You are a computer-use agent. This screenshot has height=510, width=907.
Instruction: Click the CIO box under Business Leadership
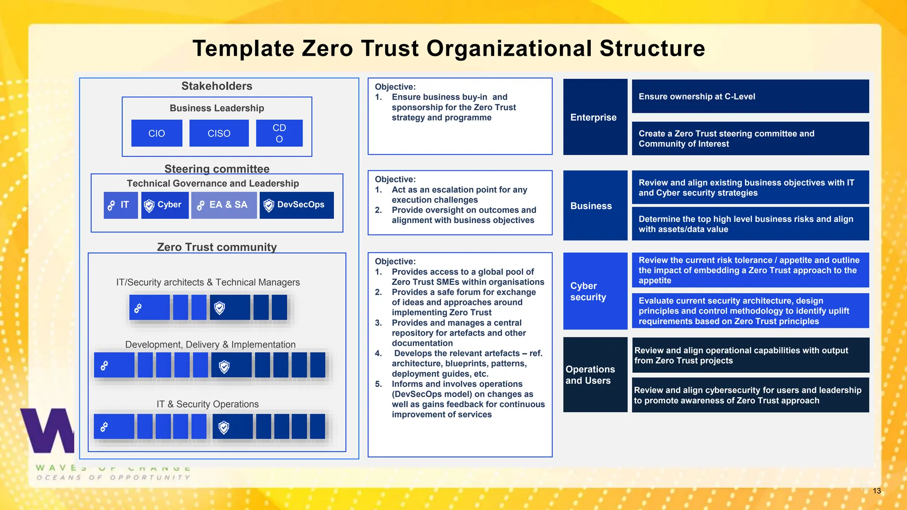(157, 133)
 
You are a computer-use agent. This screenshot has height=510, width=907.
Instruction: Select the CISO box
(219, 133)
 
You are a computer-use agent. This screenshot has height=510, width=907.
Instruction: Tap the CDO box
(279, 133)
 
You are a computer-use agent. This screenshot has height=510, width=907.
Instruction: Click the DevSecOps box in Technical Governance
(297, 205)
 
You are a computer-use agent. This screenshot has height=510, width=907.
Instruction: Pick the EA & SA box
(224, 205)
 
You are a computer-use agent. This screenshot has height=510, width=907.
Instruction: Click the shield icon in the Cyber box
(149, 205)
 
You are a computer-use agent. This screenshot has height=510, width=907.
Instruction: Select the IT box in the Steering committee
(120, 205)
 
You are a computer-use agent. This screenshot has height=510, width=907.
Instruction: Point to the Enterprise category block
(595, 117)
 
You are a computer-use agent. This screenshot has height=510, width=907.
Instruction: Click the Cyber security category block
(595, 291)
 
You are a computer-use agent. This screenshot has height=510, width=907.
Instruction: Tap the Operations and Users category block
(595, 375)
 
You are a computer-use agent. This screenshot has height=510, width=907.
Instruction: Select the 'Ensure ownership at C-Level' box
(750, 97)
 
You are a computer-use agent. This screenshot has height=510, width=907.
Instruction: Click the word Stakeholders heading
(217, 86)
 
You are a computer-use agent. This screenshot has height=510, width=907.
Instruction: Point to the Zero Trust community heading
(217, 247)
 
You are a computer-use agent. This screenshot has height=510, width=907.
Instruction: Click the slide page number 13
(876, 491)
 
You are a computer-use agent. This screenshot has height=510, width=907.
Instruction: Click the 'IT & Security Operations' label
(207, 404)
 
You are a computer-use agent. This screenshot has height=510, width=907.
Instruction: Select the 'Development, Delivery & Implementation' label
(210, 344)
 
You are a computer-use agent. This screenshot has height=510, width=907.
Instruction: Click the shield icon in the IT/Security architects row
(220, 308)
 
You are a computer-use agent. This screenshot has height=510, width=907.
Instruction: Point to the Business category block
(595, 206)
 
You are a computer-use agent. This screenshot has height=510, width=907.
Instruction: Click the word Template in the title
(243, 48)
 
